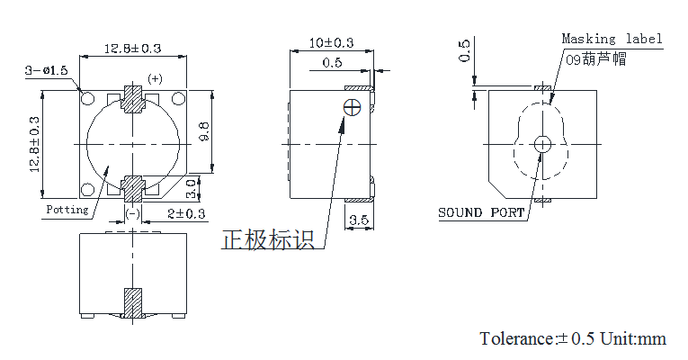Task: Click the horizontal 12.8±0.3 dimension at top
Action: coord(132,48)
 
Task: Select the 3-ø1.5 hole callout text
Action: coord(46,70)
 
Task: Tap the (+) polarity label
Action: coord(155,78)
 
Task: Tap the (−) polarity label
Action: coord(132,213)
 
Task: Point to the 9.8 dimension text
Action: coord(205,131)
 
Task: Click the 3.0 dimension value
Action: coord(192,189)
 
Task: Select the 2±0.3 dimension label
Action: coord(186,213)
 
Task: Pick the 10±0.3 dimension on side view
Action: coord(332,42)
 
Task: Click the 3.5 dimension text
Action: coord(358,220)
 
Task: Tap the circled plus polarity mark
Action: coord(353,107)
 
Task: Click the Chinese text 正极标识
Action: coord(268,240)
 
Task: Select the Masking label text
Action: coord(612,39)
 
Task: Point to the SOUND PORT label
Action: coord(481,213)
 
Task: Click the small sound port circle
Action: coord(542,144)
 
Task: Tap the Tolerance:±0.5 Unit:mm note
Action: coord(573,338)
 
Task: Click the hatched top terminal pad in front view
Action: coord(133,98)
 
